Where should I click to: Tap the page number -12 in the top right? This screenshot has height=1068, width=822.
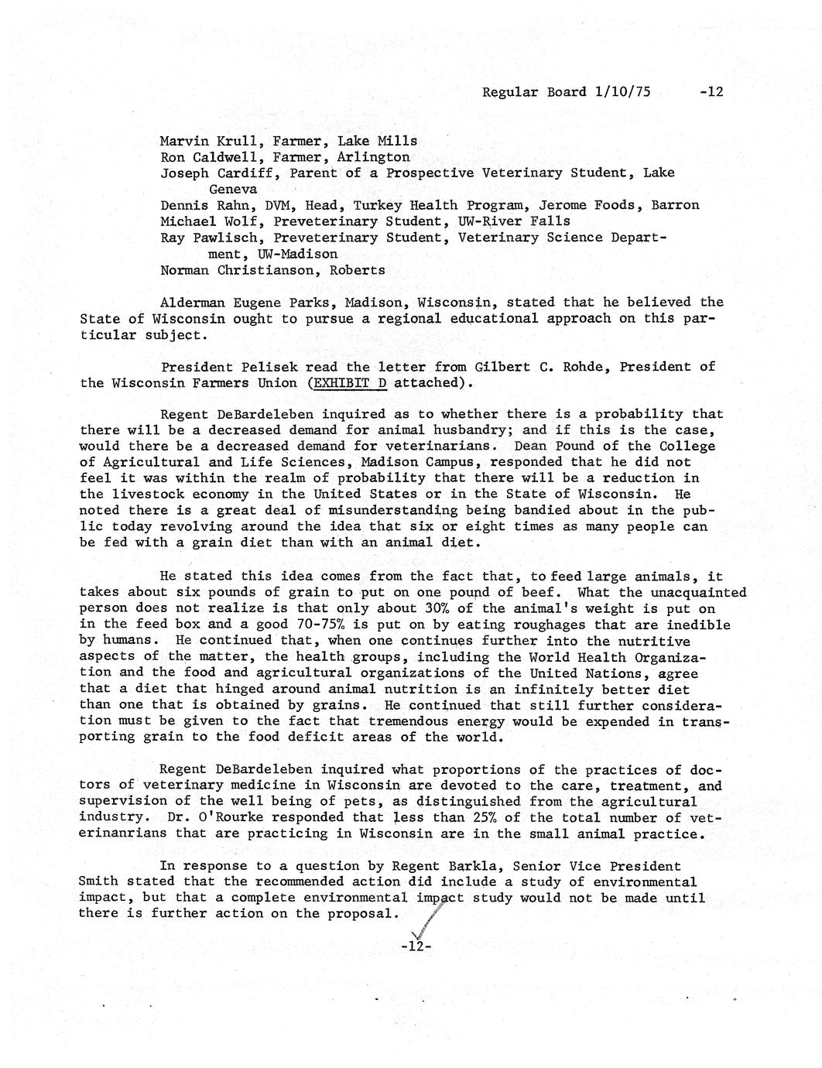pyautogui.click(x=711, y=92)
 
